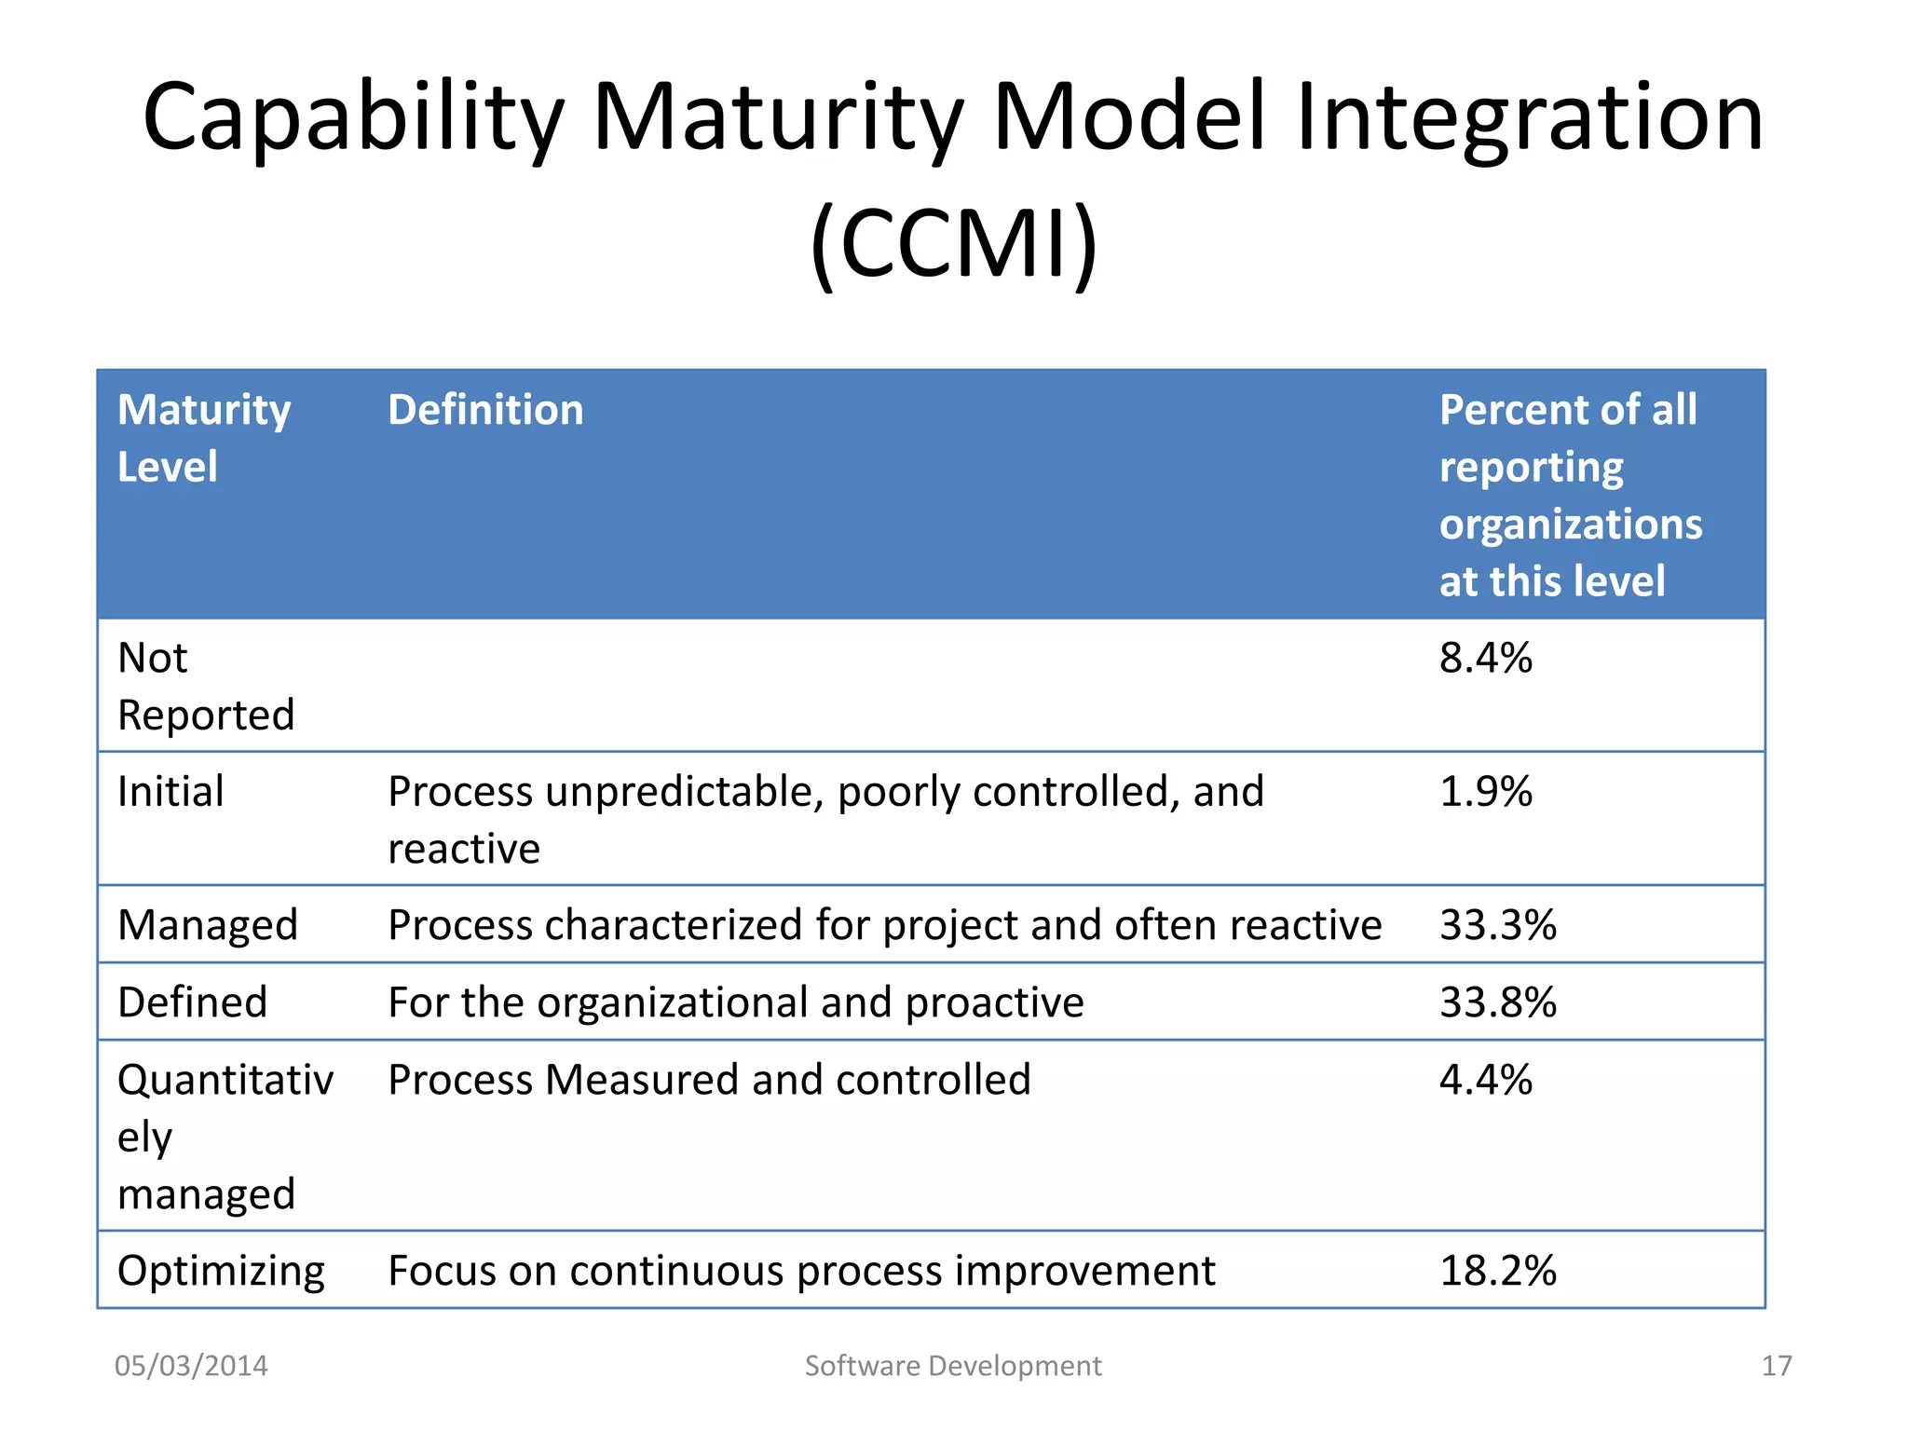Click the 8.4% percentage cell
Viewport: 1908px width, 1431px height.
pyautogui.click(x=1485, y=659)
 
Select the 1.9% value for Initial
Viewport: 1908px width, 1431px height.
pyautogui.click(x=1485, y=792)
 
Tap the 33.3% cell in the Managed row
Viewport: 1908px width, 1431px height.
pyautogui.click(x=1497, y=925)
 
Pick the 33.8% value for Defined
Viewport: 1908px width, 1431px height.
pyautogui.click(x=1497, y=1002)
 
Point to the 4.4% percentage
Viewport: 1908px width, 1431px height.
pyautogui.click(x=1485, y=1080)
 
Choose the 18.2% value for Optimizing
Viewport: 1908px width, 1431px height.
pyautogui.click(x=1497, y=1271)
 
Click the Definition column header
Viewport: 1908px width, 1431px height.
pyautogui.click(x=485, y=410)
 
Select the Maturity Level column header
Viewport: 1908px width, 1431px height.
pyautogui.click(x=203, y=438)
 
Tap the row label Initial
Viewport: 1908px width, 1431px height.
pyautogui.click(x=170, y=792)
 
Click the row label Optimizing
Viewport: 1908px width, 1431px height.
pyautogui.click(x=221, y=1271)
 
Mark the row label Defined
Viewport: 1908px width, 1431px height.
pyautogui.click(x=192, y=1002)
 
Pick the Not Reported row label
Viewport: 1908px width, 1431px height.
pyautogui.click(x=205, y=687)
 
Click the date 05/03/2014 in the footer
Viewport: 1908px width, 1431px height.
pyautogui.click(x=191, y=1366)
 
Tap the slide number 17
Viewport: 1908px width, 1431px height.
pyautogui.click(x=1776, y=1366)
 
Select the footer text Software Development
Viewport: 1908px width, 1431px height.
pyautogui.click(x=952, y=1366)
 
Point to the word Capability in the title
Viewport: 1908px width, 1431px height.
pyautogui.click(x=352, y=118)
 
